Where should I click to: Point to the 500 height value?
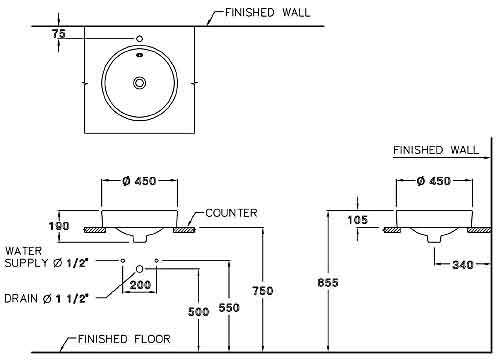(x=199, y=311)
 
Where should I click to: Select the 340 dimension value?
(x=463, y=265)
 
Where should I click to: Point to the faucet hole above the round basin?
(x=138, y=39)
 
